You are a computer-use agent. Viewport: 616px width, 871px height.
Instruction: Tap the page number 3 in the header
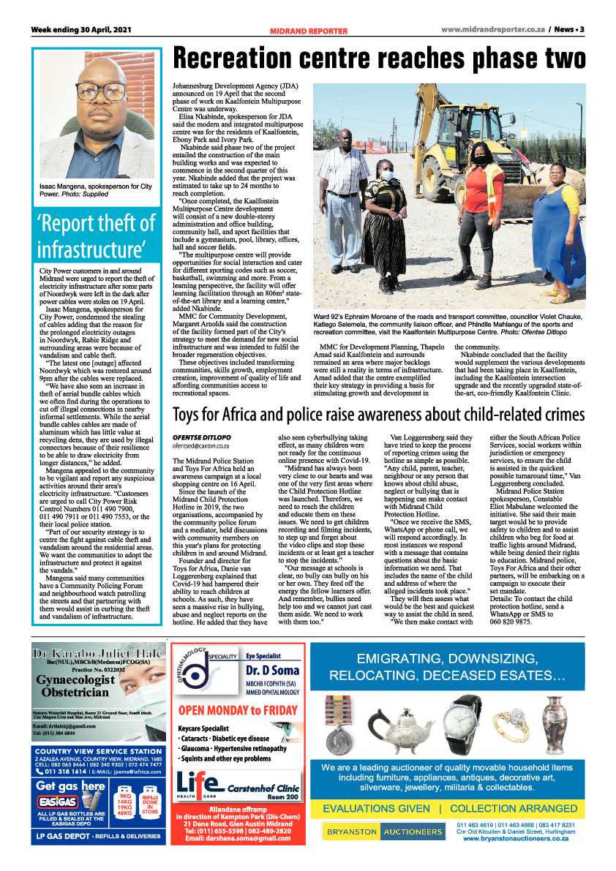[x=582, y=30]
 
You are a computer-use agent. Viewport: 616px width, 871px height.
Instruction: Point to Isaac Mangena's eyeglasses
[x=101, y=92]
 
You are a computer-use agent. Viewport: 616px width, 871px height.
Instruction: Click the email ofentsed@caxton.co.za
[x=200, y=445]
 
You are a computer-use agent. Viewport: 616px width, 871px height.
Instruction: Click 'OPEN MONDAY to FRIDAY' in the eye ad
[x=238, y=709]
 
